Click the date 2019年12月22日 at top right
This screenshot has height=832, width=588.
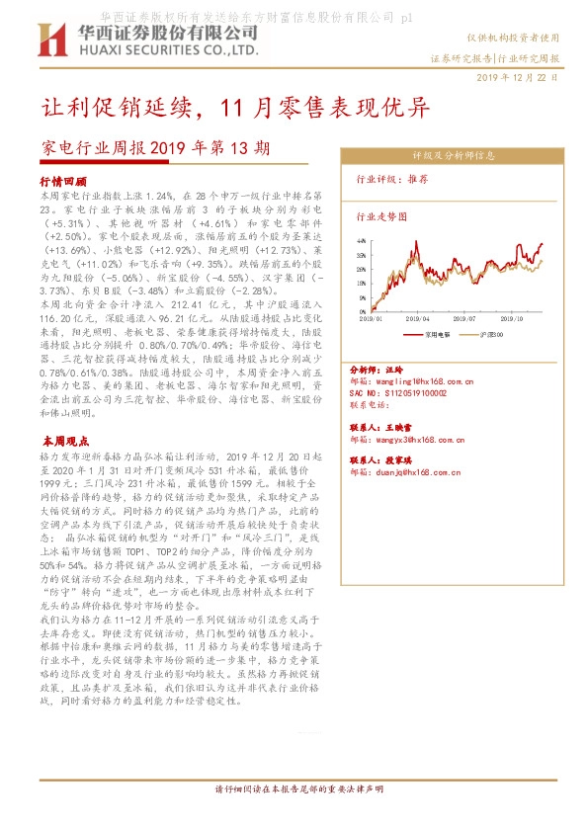coord(517,76)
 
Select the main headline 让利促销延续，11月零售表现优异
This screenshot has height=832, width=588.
coord(234,107)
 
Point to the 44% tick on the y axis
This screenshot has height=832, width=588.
coord(362,240)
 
